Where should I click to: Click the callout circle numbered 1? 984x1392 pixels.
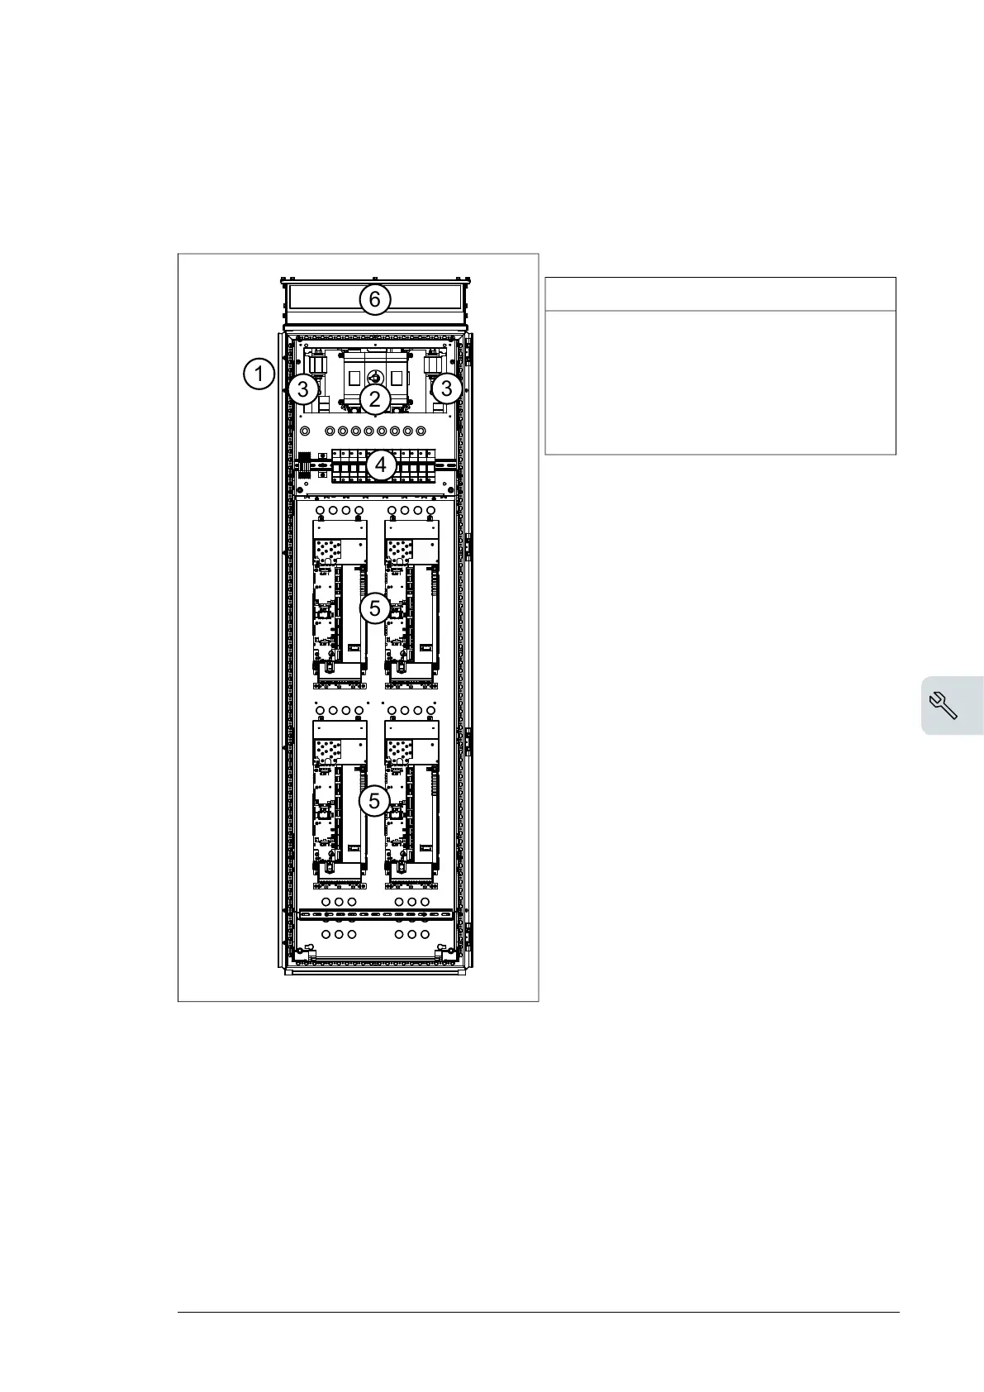coord(259,374)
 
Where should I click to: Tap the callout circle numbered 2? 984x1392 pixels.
coord(375,400)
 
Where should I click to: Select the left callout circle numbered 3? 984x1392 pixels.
coord(303,388)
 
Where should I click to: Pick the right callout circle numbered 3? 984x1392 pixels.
coord(447,388)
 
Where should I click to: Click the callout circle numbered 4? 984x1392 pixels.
coord(381,465)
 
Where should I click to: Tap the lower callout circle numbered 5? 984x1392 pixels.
coord(375,801)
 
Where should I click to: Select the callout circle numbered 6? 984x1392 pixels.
coord(375,298)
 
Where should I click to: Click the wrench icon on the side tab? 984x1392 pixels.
coord(944,705)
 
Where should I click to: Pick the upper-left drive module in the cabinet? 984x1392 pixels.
coord(340,603)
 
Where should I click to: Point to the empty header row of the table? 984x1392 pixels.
coord(720,294)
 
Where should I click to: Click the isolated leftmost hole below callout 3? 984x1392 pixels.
coord(304,431)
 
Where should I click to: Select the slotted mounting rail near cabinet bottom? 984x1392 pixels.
coord(376,916)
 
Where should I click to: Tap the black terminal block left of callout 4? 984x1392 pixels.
coord(305,462)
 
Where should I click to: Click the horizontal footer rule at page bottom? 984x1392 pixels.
coord(538,1312)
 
